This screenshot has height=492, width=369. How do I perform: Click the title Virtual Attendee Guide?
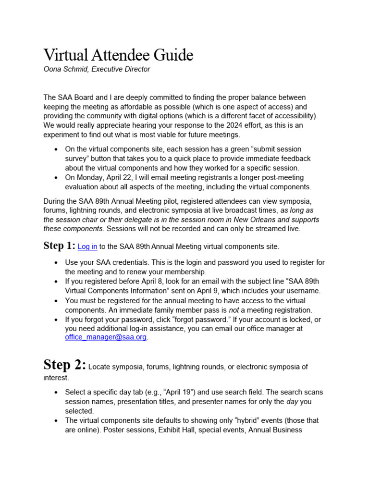click(x=118, y=55)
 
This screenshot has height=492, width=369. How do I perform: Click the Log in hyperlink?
click(x=87, y=246)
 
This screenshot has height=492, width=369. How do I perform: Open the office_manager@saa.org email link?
click(x=106, y=337)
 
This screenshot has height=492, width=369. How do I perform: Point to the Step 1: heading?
click(x=59, y=246)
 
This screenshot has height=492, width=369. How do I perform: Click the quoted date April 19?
click(x=178, y=392)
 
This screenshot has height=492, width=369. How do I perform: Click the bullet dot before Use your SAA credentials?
click(x=57, y=263)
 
